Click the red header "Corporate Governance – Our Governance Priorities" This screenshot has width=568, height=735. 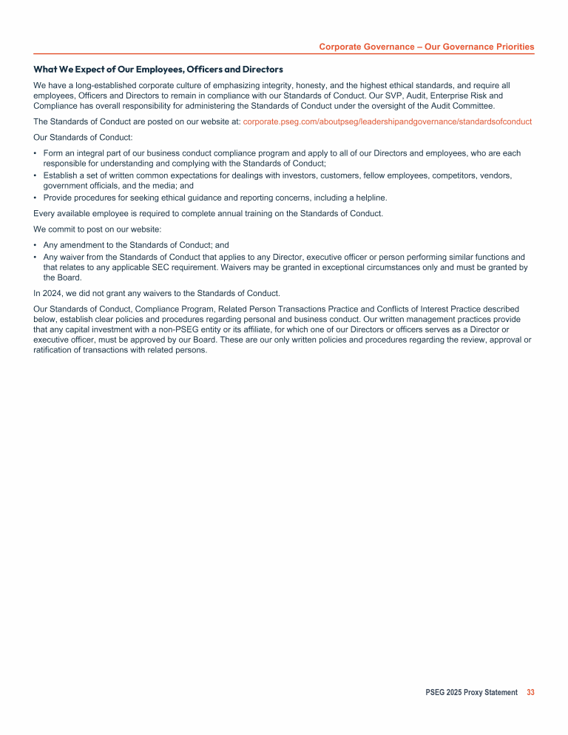pos(426,47)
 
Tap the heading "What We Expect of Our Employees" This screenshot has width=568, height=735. pos(158,70)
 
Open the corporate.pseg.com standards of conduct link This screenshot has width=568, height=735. pos(387,121)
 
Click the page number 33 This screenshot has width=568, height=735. pos(530,693)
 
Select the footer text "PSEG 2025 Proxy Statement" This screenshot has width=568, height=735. pos(471,693)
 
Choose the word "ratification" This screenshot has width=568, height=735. pos(56,351)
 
